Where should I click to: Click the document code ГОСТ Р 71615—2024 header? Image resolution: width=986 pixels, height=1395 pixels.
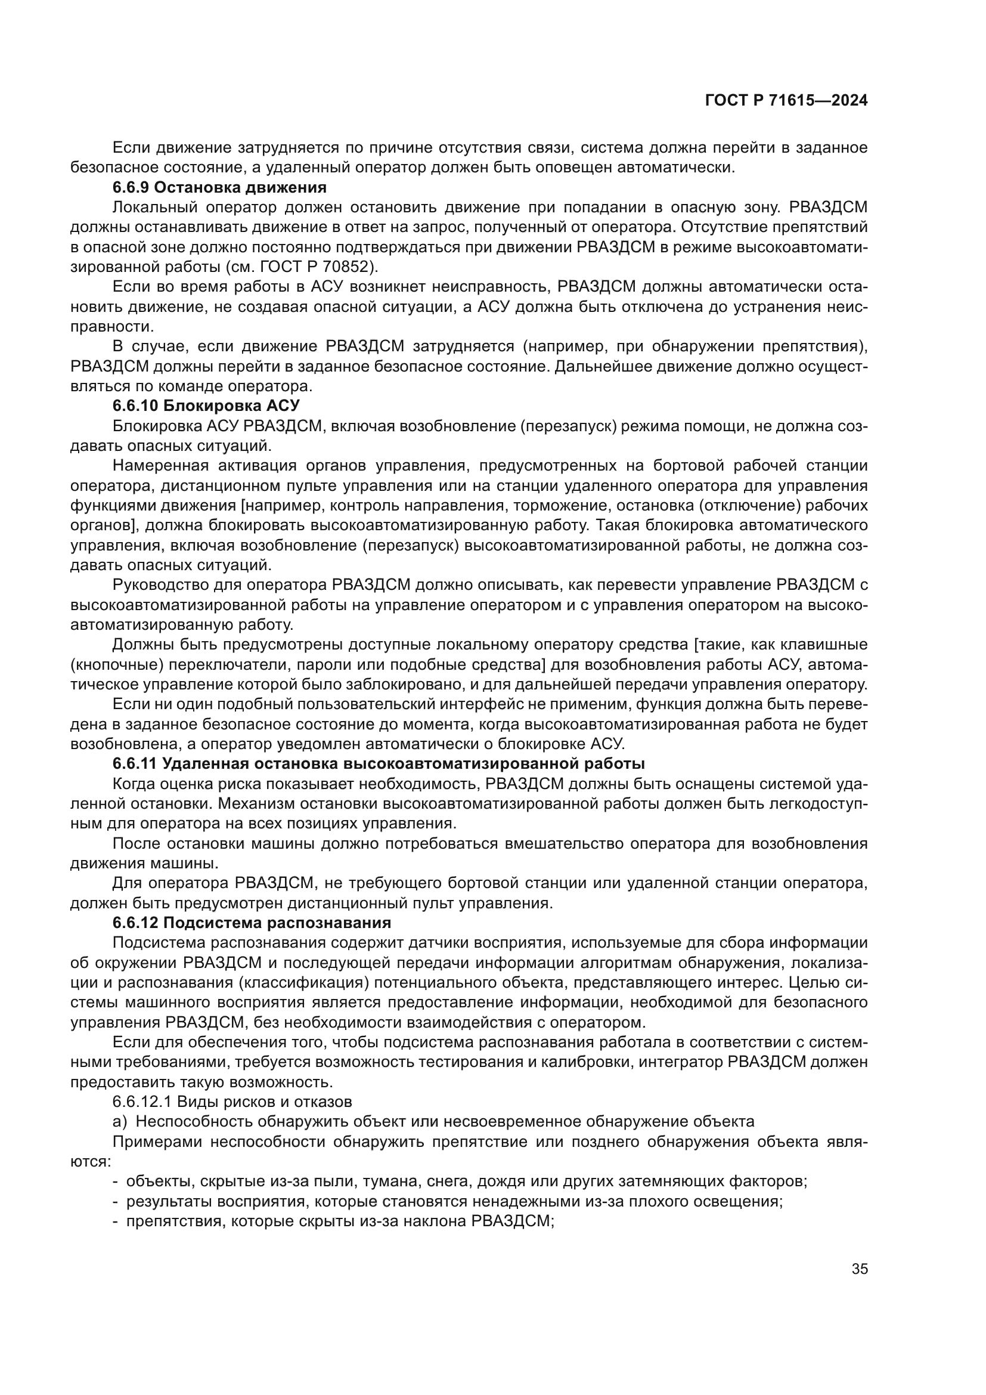[x=786, y=101]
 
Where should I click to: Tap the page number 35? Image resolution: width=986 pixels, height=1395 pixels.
[x=860, y=1269]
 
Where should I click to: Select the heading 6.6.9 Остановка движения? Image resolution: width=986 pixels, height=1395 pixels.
[x=220, y=187]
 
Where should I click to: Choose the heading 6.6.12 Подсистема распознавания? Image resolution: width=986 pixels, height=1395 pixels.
[x=252, y=922]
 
